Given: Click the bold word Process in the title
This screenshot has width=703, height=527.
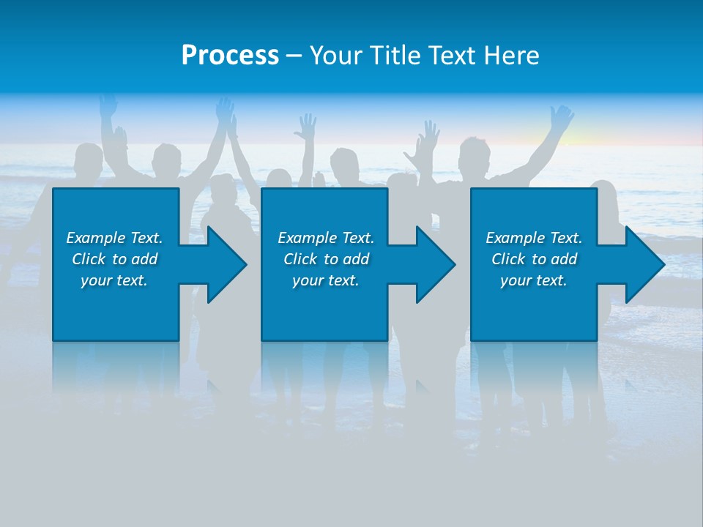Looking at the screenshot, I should pyautogui.click(x=230, y=56).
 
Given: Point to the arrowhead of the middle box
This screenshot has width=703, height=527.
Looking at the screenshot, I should pyautogui.click(x=434, y=264).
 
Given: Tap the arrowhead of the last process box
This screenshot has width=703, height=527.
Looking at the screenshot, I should pyautogui.click(x=644, y=264).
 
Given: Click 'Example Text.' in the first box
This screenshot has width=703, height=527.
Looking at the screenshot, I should pyautogui.click(x=114, y=238).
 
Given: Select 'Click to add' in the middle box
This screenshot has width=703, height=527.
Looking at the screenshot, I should pyautogui.click(x=326, y=259).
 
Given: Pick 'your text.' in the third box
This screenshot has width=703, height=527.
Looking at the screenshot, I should pyautogui.click(x=533, y=280).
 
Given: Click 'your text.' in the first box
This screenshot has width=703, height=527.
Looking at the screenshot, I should pyautogui.click(x=114, y=280).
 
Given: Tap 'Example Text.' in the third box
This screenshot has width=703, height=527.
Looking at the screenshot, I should pyautogui.click(x=533, y=238).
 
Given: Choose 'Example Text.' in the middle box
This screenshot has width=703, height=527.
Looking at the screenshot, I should pyautogui.click(x=326, y=238).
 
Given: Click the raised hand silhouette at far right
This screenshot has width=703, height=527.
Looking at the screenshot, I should pyautogui.click(x=562, y=118).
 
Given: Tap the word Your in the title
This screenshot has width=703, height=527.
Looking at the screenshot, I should pyautogui.click(x=334, y=56).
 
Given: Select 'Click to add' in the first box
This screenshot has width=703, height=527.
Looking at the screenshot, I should pyautogui.click(x=114, y=259).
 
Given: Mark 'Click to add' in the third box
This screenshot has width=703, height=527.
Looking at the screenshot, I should pyautogui.click(x=533, y=259).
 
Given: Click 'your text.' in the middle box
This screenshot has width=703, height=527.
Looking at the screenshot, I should pyautogui.click(x=326, y=280).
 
